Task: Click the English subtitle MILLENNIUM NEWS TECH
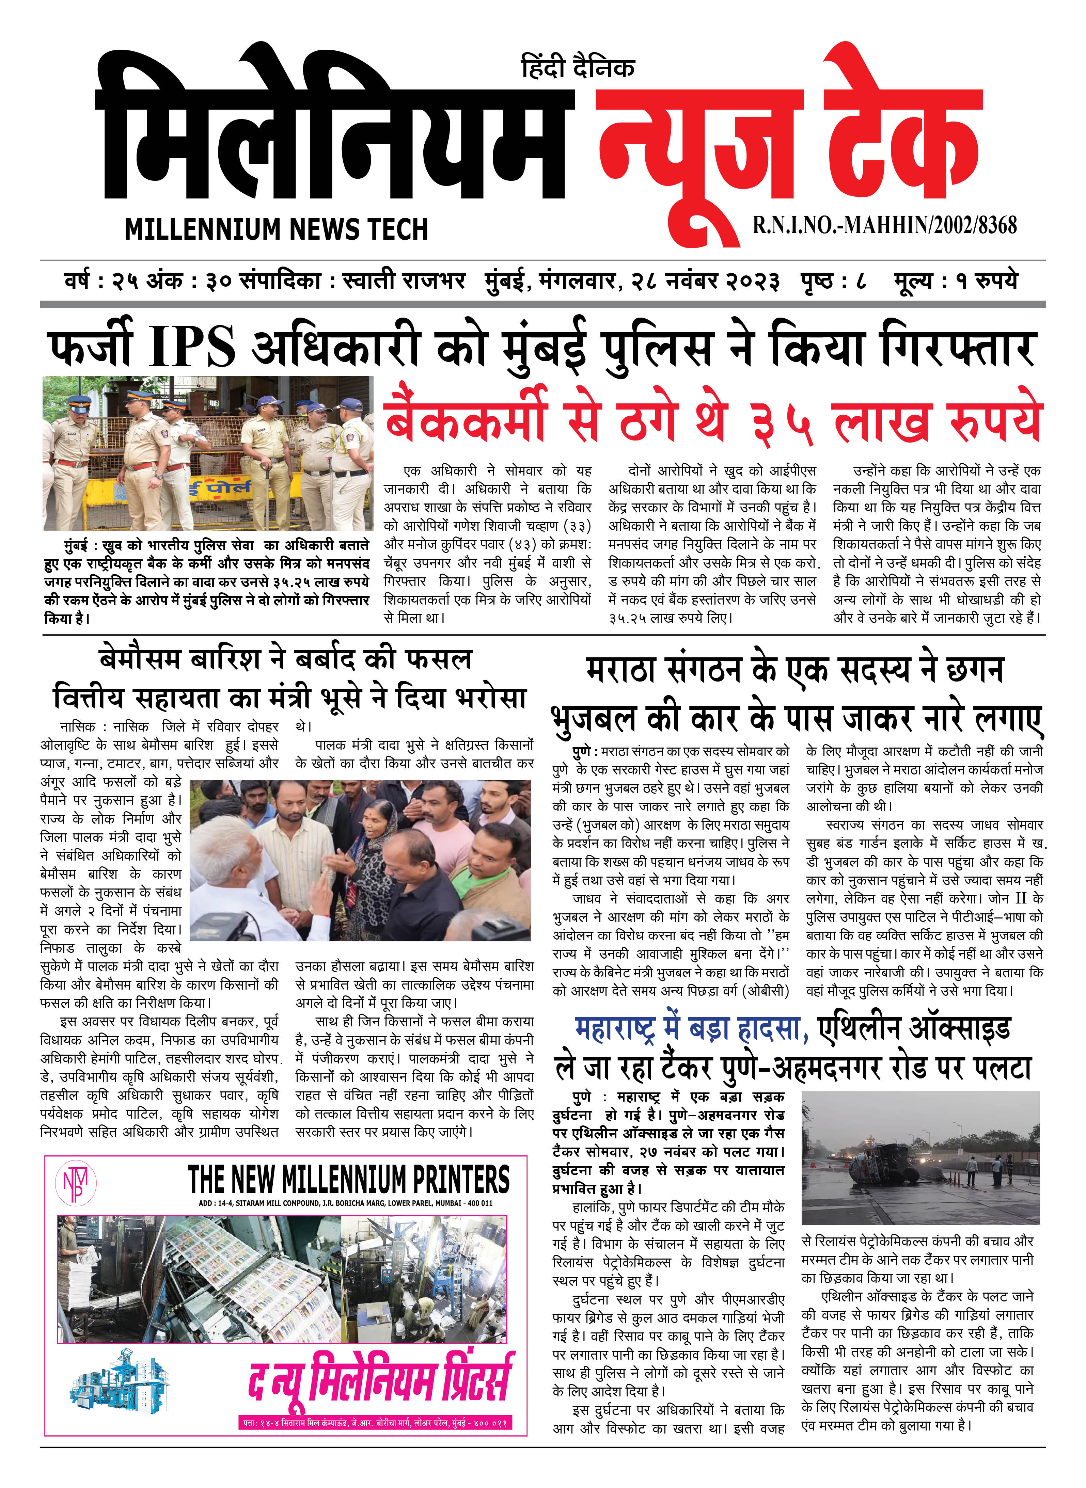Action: pos(276,229)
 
